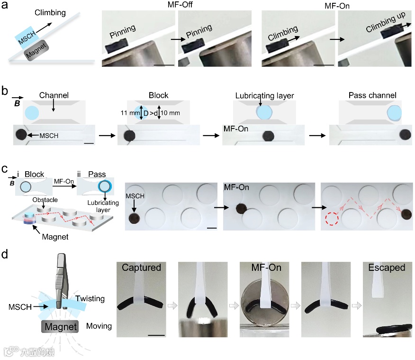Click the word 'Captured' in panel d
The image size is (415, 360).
tap(141, 268)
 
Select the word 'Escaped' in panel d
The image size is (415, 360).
tap(387, 268)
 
